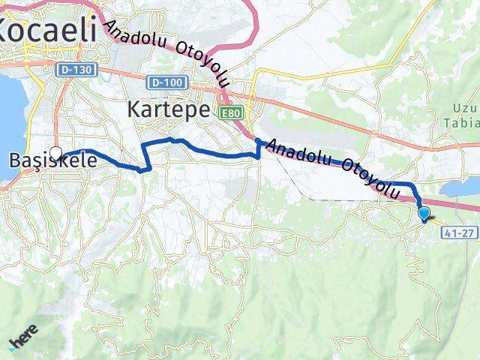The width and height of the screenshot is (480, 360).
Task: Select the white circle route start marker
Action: click(x=55, y=152)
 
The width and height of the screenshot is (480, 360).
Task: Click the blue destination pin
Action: click(x=424, y=214)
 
